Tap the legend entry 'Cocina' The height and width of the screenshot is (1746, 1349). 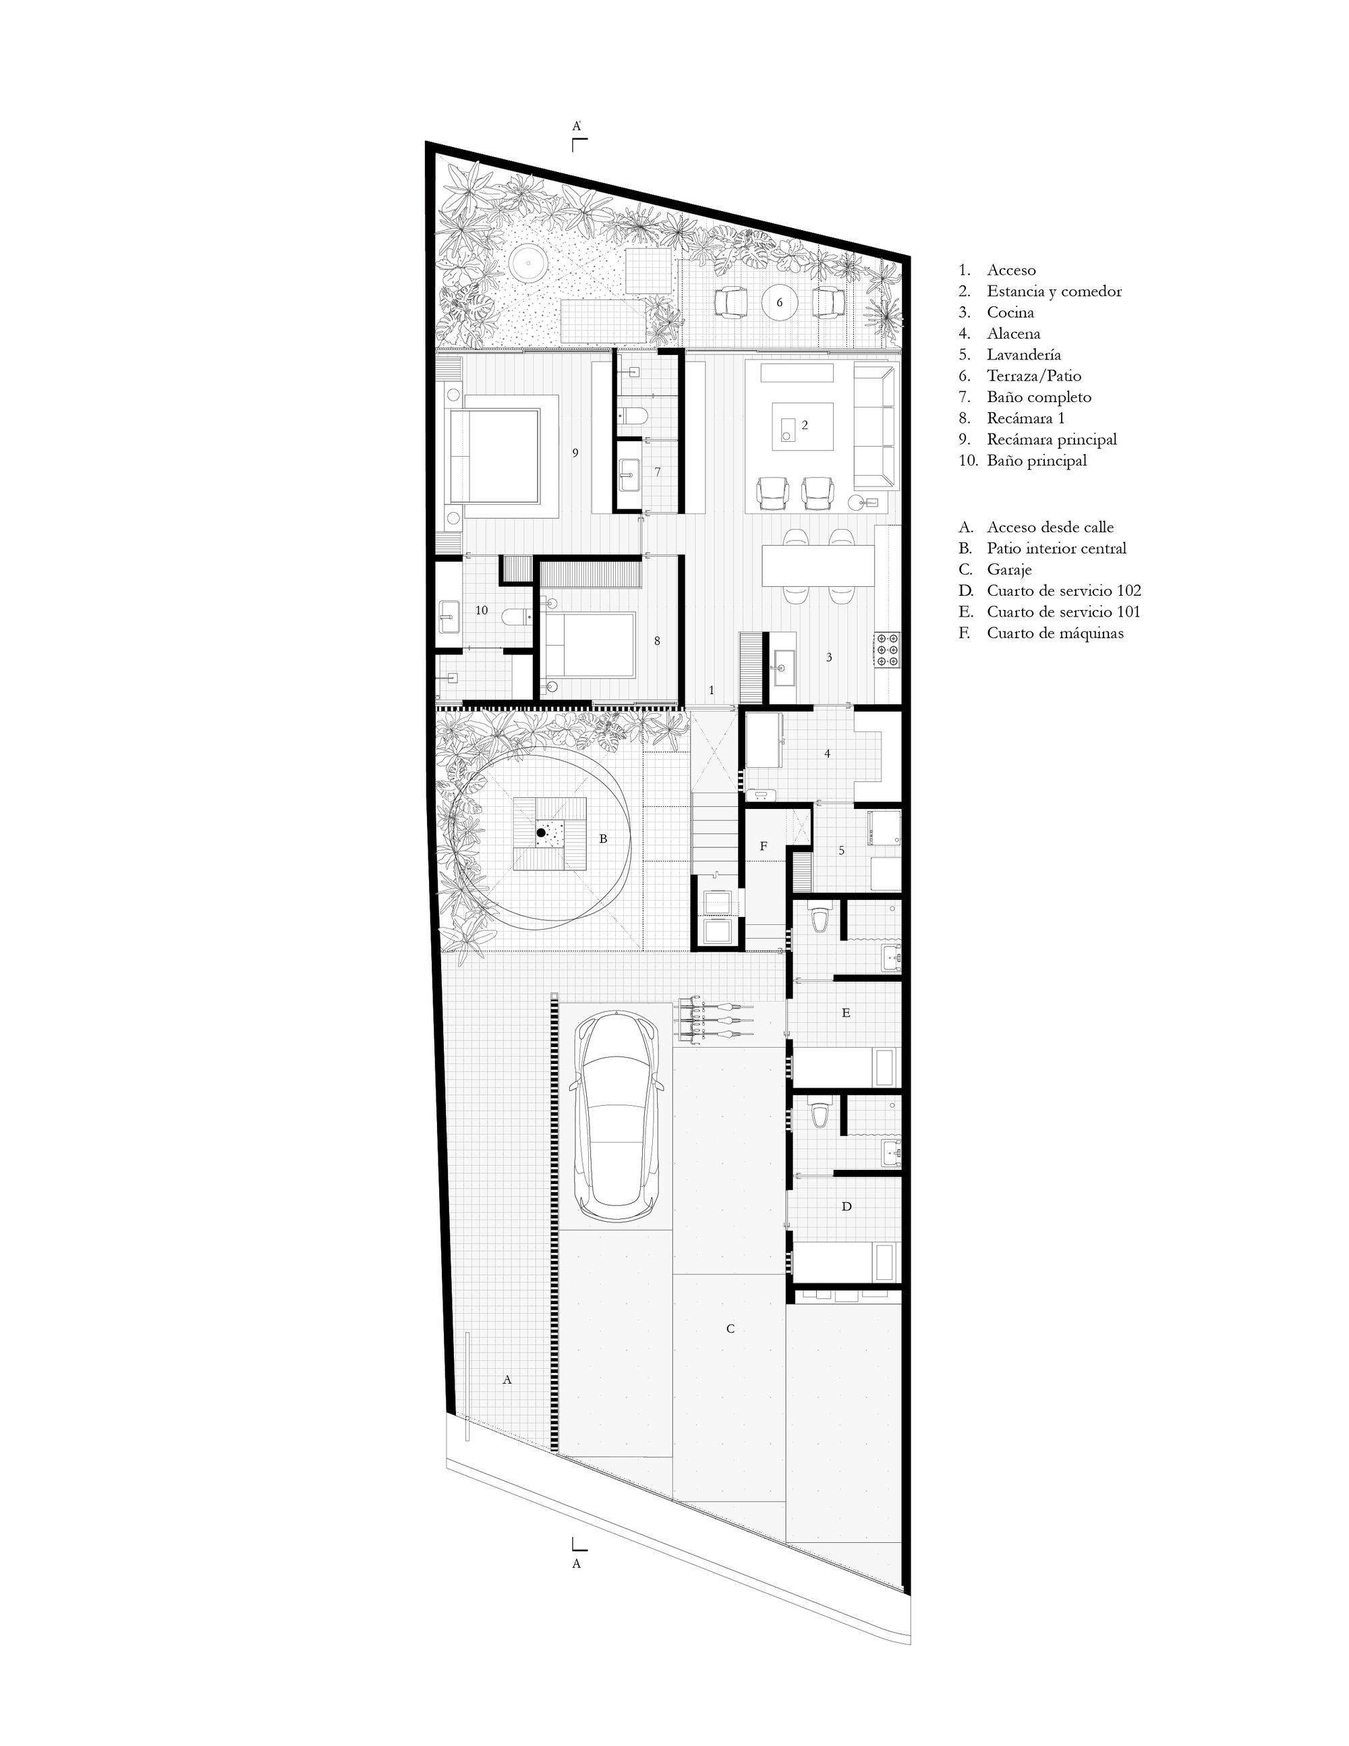(1010, 312)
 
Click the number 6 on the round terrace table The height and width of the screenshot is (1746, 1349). (780, 303)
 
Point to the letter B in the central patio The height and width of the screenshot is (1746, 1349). (604, 839)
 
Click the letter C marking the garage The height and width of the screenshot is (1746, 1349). (730, 1328)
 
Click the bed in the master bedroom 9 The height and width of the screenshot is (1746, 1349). (503, 455)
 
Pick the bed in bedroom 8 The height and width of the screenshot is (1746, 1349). (592, 643)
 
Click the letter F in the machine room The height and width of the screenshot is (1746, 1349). (764, 846)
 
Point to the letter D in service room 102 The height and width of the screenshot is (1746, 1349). (846, 1206)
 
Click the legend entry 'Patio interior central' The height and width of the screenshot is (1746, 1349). (1056, 548)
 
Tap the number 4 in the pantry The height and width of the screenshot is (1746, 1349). (827, 753)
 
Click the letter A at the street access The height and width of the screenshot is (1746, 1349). (506, 1379)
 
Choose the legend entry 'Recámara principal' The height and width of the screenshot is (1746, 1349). (1052, 439)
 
